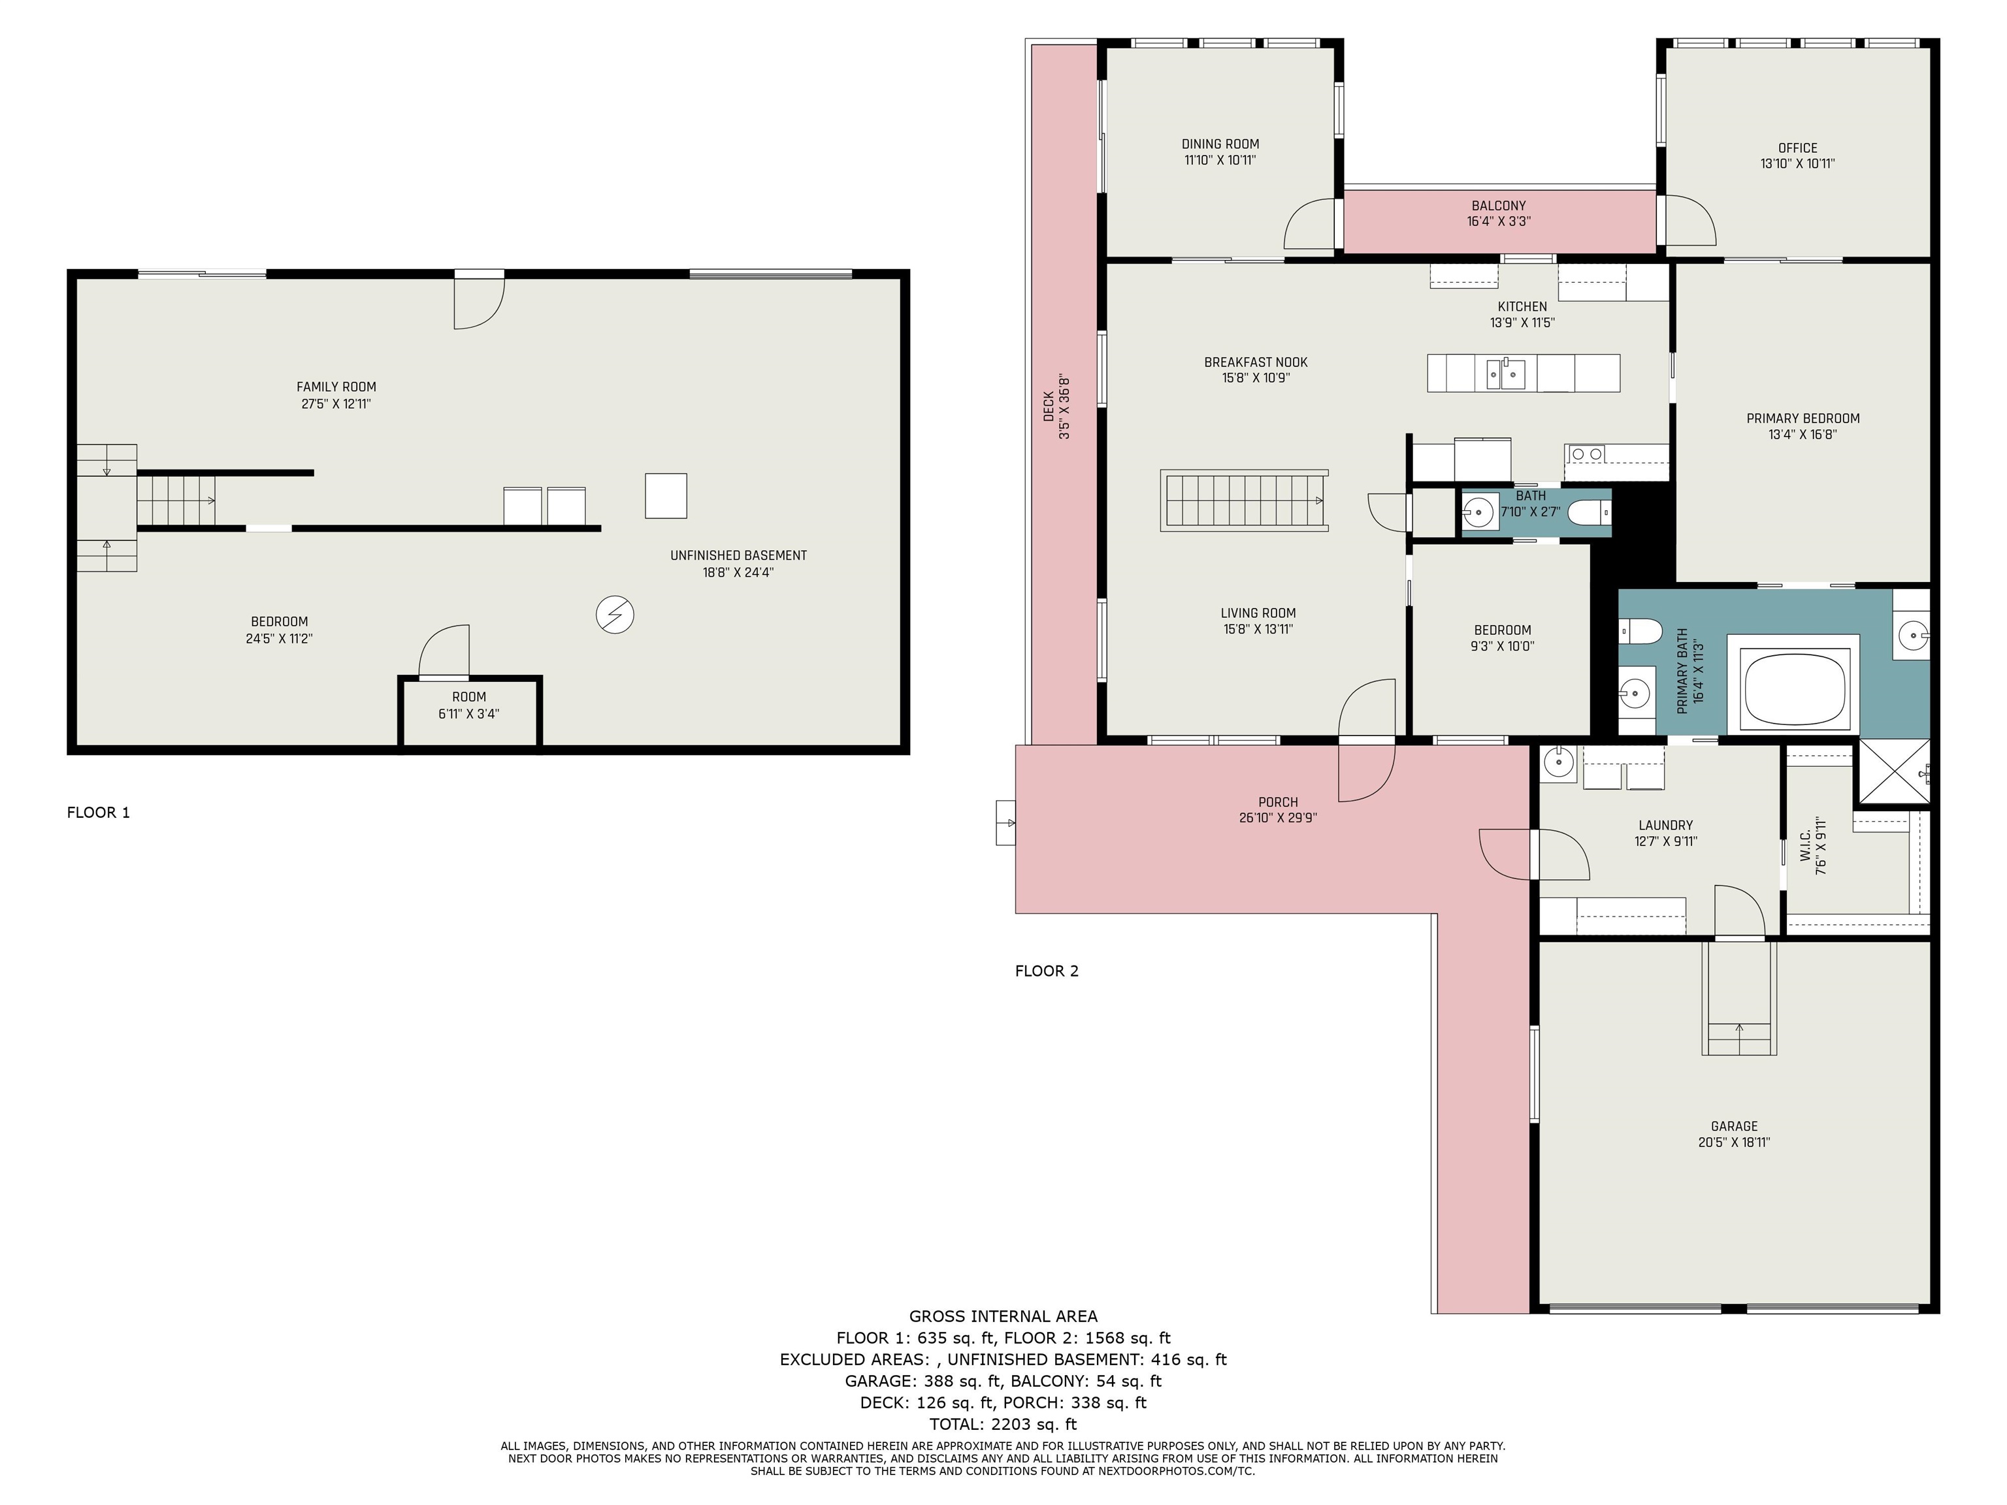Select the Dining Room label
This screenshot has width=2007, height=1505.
click(x=1220, y=144)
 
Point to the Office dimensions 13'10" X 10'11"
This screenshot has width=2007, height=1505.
click(x=1797, y=164)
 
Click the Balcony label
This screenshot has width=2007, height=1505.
click(x=1499, y=206)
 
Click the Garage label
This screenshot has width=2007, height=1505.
click(x=1734, y=1127)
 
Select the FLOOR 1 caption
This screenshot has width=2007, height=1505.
click(x=99, y=813)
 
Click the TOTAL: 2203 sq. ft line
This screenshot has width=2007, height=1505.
click(x=1003, y=1424)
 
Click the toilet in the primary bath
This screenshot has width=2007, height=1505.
click(x=1640, y=630)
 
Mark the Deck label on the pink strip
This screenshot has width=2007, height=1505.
click(x=1049, y=406)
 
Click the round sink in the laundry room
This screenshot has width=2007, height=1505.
click(x=1559, y=764)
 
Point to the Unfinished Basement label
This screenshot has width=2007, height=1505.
click(x=738, y=556)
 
